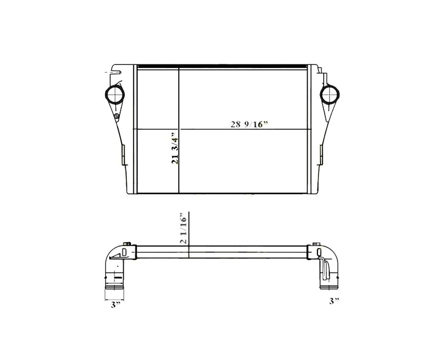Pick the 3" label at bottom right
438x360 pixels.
point(334,300)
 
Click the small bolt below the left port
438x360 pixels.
point(117,117)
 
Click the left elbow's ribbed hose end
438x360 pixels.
point(114,282)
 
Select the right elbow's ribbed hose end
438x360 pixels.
point(328,282)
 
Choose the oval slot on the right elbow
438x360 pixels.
point(318,251)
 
